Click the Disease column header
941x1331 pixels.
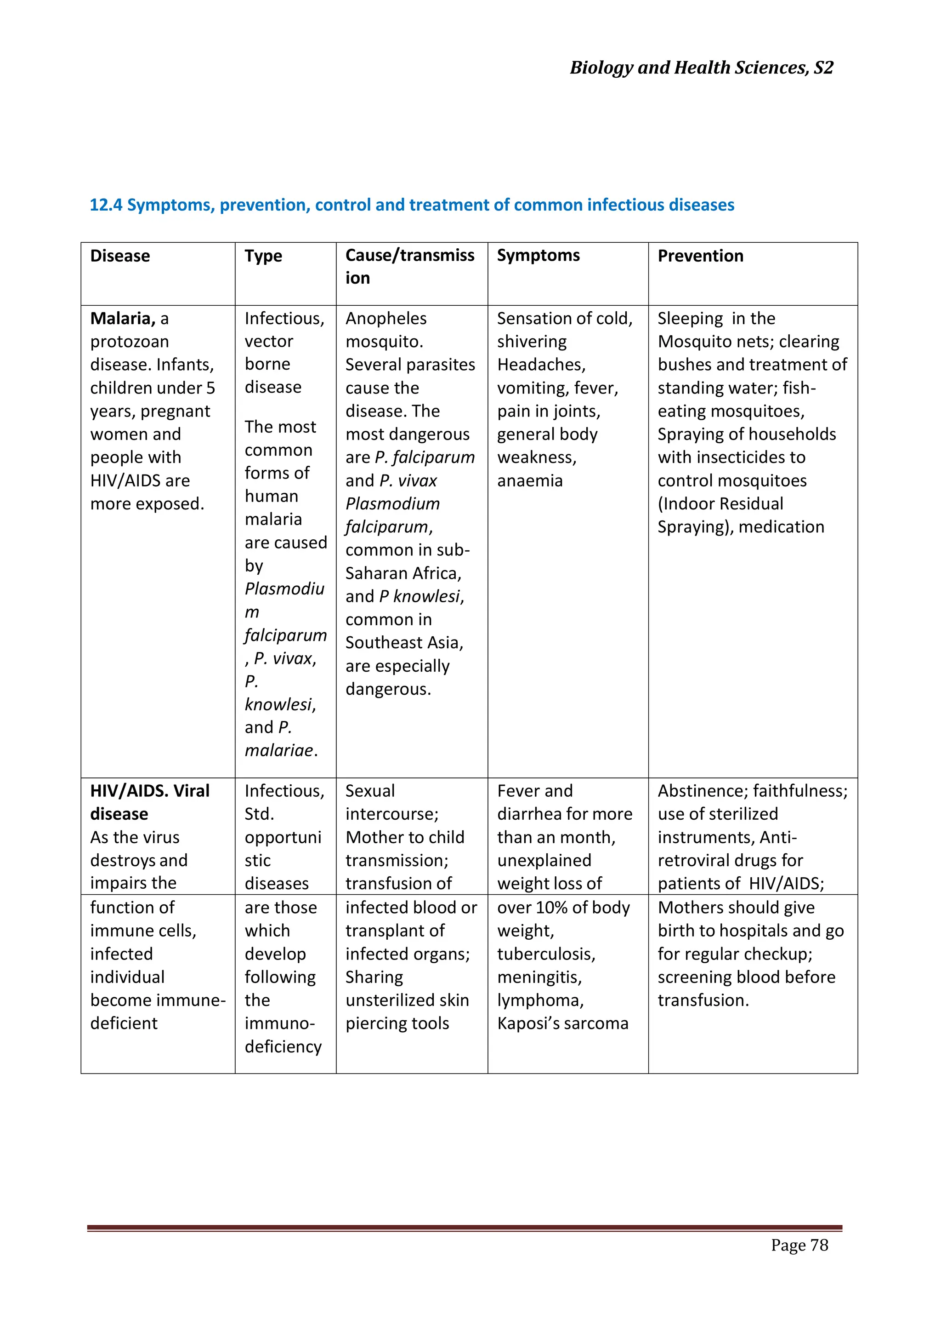[120, 256]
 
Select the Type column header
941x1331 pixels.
[263, 256]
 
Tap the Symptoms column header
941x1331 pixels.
[539, 256]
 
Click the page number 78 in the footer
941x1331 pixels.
[819, 1245]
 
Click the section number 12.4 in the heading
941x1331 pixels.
[106, 205]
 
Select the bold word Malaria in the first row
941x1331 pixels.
[122, 318]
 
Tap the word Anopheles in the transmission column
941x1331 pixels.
[386, 318]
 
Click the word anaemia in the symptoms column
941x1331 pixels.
[530, 480]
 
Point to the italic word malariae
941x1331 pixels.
[279, 750]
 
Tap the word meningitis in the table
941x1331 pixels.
[539, 977]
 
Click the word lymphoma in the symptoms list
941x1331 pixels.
[539, 1000]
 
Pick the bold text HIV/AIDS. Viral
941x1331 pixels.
[149, 791]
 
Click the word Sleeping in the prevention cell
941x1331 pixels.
[690, 319]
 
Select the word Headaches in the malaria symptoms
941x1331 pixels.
[541, 365]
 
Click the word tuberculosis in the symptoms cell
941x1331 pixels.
[545, 954]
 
